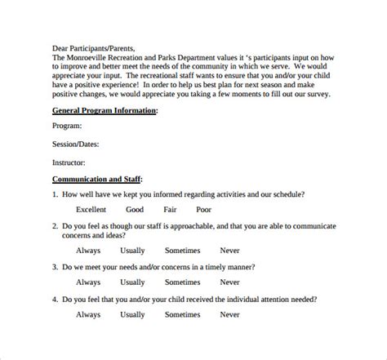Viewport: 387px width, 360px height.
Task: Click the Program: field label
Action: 67,126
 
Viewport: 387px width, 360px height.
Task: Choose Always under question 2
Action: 89,251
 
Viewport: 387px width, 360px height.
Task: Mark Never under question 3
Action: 230,281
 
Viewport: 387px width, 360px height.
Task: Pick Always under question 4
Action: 89,313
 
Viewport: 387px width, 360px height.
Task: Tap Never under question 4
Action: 230,313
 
